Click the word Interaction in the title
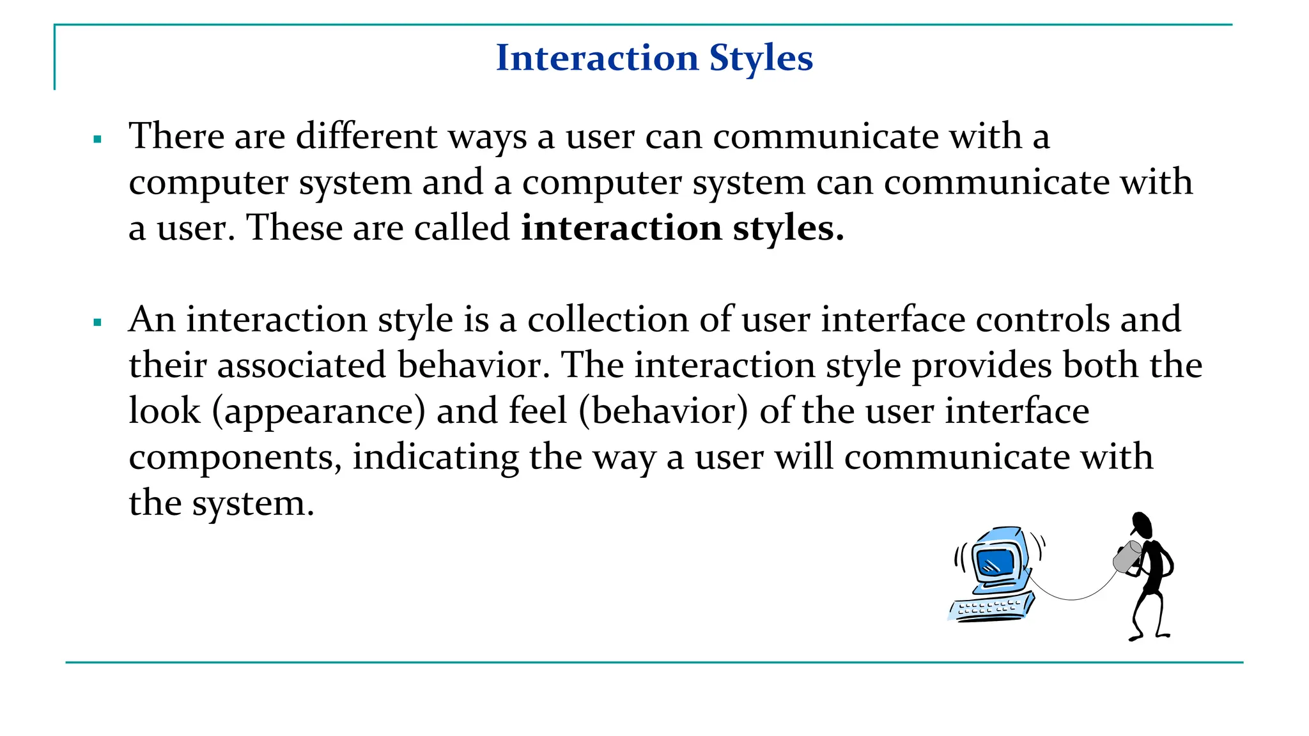point(597,58)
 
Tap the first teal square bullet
point(98,139)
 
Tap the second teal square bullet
point(98,322)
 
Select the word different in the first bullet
point(366,136)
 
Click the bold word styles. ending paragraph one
point(787,228)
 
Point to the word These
point(295,228)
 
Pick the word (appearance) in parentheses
point(318,411)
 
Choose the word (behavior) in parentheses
point(663,411)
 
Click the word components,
point(235,458)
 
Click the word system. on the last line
point(252,504)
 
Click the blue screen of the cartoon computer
point(995,562)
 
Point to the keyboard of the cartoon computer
point(990,606)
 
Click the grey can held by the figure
point(1127,556)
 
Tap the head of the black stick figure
point(1141,525)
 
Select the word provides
point(981,365)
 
